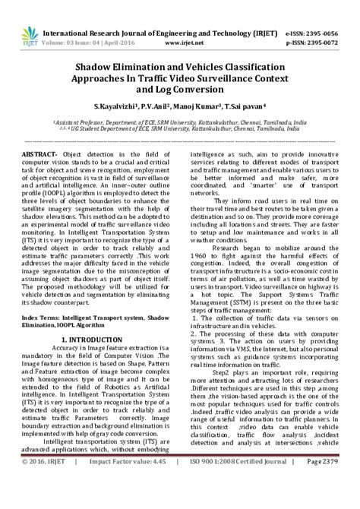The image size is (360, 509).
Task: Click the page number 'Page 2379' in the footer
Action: coord(329,502)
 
